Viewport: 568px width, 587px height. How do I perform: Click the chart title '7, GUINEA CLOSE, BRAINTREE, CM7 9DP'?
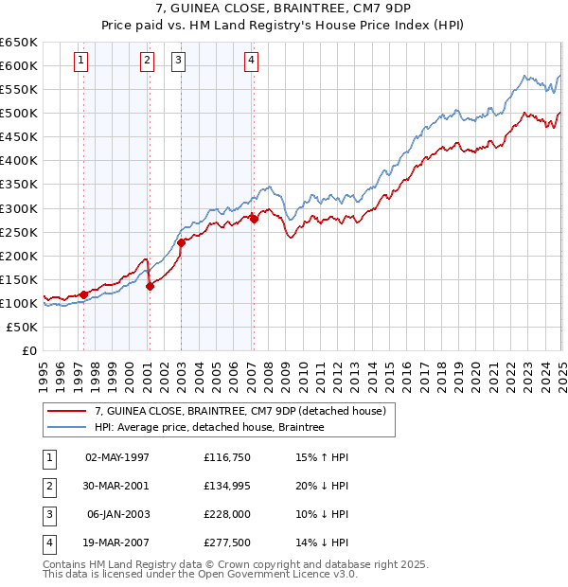click(x=284, y=11)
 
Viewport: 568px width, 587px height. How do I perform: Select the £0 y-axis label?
click(x=30, y=350)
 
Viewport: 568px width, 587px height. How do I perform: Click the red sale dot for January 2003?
click(x=181, y=242)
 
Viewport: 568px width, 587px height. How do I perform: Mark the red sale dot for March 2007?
click(x=254, y=219)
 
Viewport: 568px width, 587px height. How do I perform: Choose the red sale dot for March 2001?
click(x=150, y=286)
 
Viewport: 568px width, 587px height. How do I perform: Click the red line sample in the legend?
click(x=66, y=412)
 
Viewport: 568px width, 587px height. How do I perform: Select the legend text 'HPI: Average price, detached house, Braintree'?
click(x=209, y=428)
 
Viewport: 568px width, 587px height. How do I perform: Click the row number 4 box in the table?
click(x=49, y=543)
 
